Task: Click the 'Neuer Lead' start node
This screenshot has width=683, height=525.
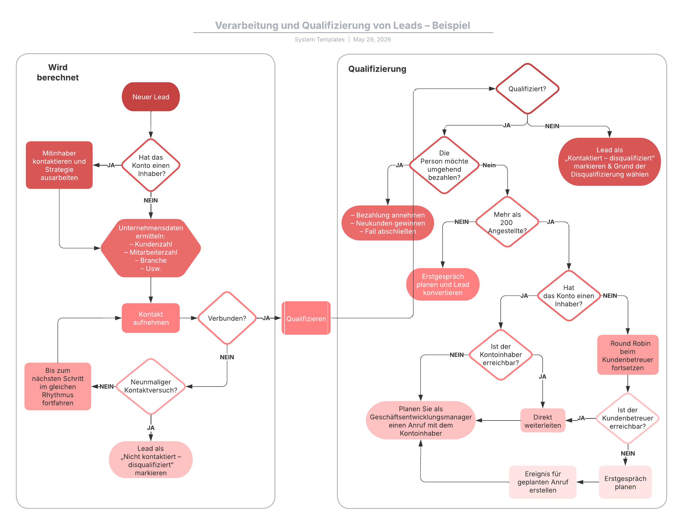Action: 151,97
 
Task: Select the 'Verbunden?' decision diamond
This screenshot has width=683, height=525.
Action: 227,318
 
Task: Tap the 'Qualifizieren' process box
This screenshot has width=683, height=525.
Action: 306,318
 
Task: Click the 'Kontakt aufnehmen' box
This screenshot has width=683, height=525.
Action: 151,318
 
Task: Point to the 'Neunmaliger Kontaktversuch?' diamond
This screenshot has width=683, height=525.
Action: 151,386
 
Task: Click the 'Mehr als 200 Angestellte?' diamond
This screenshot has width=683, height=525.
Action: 507,222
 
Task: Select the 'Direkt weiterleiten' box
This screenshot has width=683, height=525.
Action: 542,421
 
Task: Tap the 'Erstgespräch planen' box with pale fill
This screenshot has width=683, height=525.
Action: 625,482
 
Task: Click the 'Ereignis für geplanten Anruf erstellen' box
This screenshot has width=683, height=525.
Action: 542,482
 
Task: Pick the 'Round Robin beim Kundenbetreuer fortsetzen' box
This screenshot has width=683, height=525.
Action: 628,355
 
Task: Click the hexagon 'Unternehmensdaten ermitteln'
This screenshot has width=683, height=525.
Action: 151,248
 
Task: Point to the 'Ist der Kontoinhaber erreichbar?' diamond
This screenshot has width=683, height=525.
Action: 500,355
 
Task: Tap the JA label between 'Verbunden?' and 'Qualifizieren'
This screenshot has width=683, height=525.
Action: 266,318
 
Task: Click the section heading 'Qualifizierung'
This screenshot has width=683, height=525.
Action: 377,69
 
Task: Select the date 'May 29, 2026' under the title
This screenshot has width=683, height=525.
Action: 372,39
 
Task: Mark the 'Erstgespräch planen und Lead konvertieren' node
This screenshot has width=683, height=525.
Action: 443,284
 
